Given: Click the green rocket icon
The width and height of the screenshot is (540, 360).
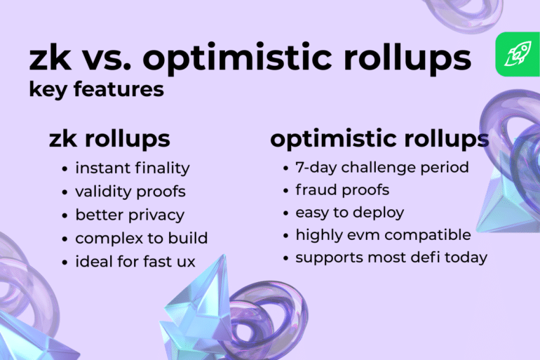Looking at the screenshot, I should click(517, 54).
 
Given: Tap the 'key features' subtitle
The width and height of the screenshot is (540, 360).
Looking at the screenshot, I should click(97, 90).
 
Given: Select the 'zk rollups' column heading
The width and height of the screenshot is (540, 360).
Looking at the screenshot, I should click(109, 138).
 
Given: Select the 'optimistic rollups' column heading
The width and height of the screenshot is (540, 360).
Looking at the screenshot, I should click(379, 138).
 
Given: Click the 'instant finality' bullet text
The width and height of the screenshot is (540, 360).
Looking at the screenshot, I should click(133, 168).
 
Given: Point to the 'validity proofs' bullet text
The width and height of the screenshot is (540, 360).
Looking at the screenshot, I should click(130, 192).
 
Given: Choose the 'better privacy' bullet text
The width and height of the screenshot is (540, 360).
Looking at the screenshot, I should click(130, 215).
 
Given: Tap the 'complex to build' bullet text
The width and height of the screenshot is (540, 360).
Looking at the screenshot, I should click(141, 238).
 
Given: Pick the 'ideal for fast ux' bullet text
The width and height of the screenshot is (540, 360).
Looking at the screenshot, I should click(135, 261).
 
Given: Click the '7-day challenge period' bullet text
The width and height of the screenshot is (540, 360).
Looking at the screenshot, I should click(382, 168).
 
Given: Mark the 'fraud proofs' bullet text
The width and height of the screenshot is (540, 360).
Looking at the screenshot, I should click(342, 190).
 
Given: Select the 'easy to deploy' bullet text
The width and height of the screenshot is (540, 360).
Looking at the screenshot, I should click(350, 213).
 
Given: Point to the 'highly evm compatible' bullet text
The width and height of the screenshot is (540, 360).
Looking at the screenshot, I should click(383, 234).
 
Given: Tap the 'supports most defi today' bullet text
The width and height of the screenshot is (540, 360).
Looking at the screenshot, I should click(391, 257).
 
